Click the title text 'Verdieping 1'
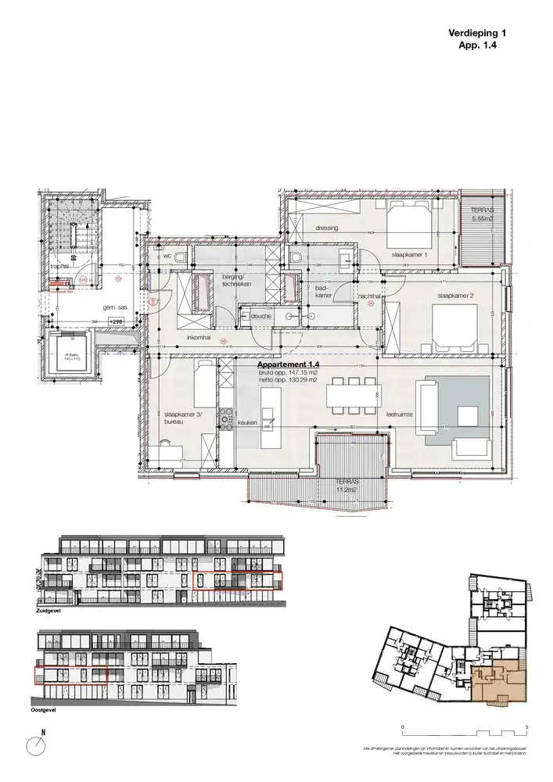(478, 33)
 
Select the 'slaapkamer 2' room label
(457, 296)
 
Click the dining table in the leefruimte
(353, 393)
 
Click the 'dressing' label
(326, 228)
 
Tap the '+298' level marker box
(117, 321)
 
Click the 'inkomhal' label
(198, 338)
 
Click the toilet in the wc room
(181, 259)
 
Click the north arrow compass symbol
(36, 744)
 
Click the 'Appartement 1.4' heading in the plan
(290, 364)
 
